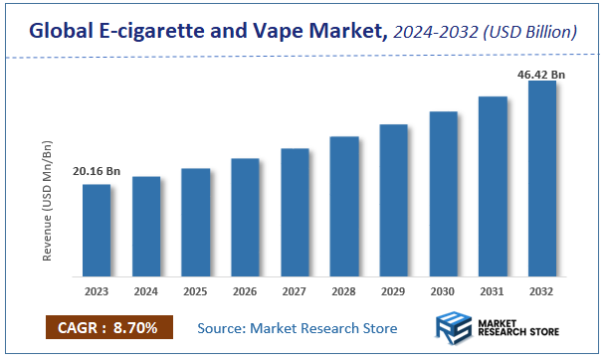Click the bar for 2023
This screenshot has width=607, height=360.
pyautogui.click(x=97, y=230)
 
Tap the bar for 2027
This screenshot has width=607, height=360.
pyautogui.click(x=295, y=212)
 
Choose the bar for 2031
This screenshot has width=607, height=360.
pyautogui.click(x=493, y=186)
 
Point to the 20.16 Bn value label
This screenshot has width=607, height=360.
pyautogui.click(x=96, y=172)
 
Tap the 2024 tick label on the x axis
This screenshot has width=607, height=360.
pyautogui.click(x=146, y=292)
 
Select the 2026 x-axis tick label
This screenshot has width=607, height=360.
pyautogui.click(x=245, y=292)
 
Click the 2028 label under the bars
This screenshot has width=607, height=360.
pyautogui.click(x=344, y=292)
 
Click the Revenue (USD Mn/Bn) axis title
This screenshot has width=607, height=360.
pyautogui.click(x=48, y=202)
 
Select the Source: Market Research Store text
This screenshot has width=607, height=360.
pyautogui.click(x=297, y=328)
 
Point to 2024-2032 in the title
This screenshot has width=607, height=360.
pyautogui.click(x=432, y=33)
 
